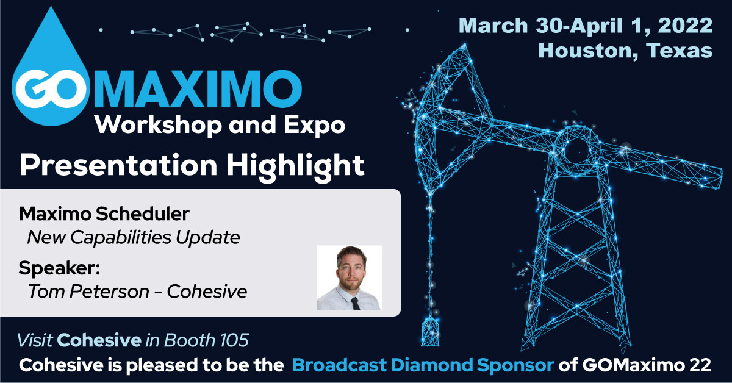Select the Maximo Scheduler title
pos(104,214)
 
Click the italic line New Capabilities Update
pos(134,237)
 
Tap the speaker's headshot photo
pos(350,277)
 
